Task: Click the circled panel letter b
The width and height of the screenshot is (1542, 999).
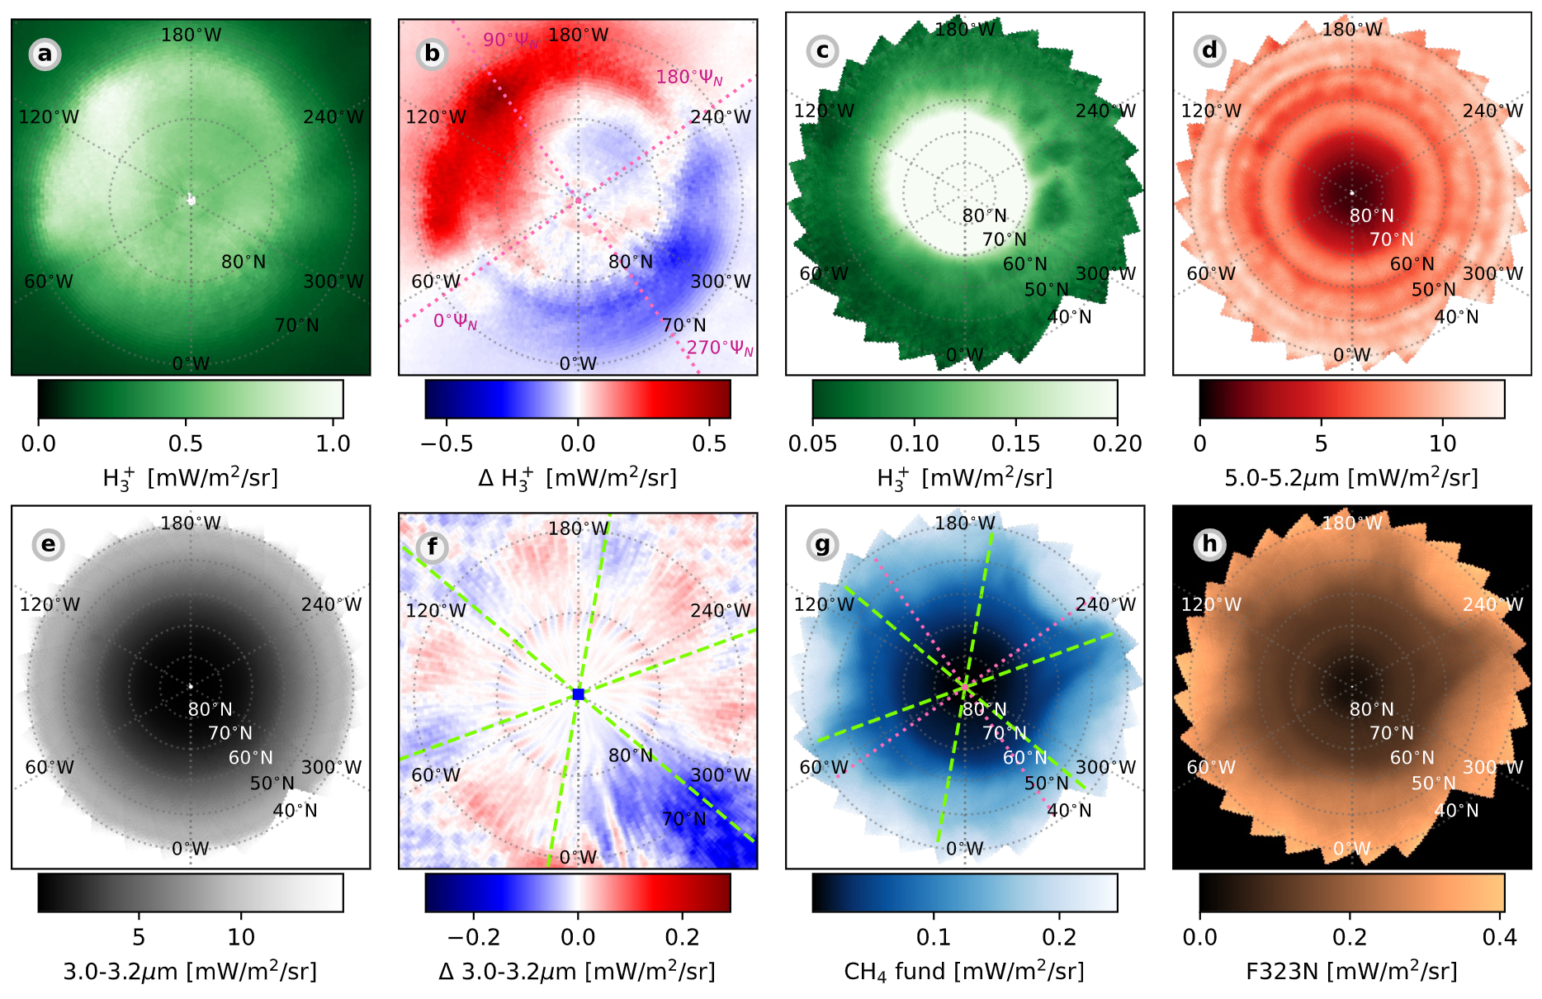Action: point(433,54)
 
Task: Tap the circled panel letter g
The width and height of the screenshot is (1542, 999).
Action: point(822,545)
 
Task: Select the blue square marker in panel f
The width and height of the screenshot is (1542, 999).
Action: point(578,694)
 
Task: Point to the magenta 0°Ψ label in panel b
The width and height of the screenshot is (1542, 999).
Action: point(455,321)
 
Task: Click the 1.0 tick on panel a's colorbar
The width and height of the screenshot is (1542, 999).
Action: point(333,444)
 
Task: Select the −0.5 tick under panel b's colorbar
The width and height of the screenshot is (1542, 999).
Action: point(447,444)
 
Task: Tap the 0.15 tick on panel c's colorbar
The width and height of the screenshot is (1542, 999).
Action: point(1015,444)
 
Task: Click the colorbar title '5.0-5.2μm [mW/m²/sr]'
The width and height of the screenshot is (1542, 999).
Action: point(1351,477)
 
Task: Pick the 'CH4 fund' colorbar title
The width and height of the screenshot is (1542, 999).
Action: point(964,971)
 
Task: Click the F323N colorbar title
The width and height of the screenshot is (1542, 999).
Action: point(1351,971)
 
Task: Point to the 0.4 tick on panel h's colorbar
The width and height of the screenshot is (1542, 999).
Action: point(1499,937)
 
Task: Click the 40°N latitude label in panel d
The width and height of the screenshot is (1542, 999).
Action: point(1456,317)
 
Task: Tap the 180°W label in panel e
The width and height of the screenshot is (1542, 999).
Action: point(191,523)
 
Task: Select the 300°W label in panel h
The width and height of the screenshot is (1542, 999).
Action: point(1492,767)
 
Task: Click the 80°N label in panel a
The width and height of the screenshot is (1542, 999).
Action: point(244,262)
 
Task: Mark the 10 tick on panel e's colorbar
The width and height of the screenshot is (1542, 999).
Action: point(241,937)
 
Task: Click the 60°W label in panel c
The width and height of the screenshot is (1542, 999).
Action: point(824,273)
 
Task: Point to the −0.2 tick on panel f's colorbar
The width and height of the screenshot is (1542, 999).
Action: point(474,937)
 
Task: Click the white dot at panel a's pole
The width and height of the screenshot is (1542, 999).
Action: point(192,199)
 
